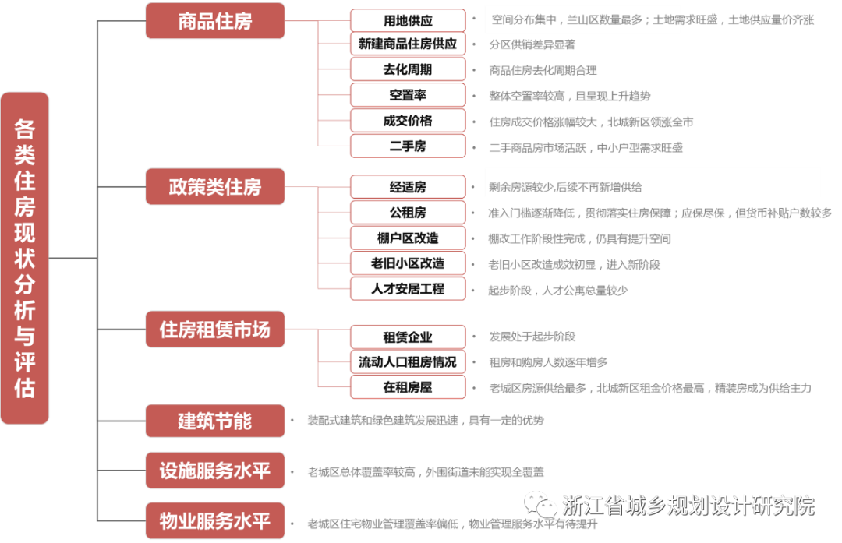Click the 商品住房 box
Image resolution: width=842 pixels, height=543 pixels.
[214, 21]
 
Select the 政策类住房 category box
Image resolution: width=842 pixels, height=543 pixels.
[214, 187]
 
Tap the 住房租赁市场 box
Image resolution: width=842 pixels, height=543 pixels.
[214, 330]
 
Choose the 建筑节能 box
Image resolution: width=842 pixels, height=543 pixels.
[214, 421]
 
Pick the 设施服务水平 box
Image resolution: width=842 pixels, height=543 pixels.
[214, 471]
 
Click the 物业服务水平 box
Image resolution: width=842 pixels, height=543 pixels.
[214, 520]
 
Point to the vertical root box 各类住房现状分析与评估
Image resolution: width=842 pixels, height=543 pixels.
[25, 258]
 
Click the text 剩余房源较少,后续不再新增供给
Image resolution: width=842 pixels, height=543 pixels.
[566, 187]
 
